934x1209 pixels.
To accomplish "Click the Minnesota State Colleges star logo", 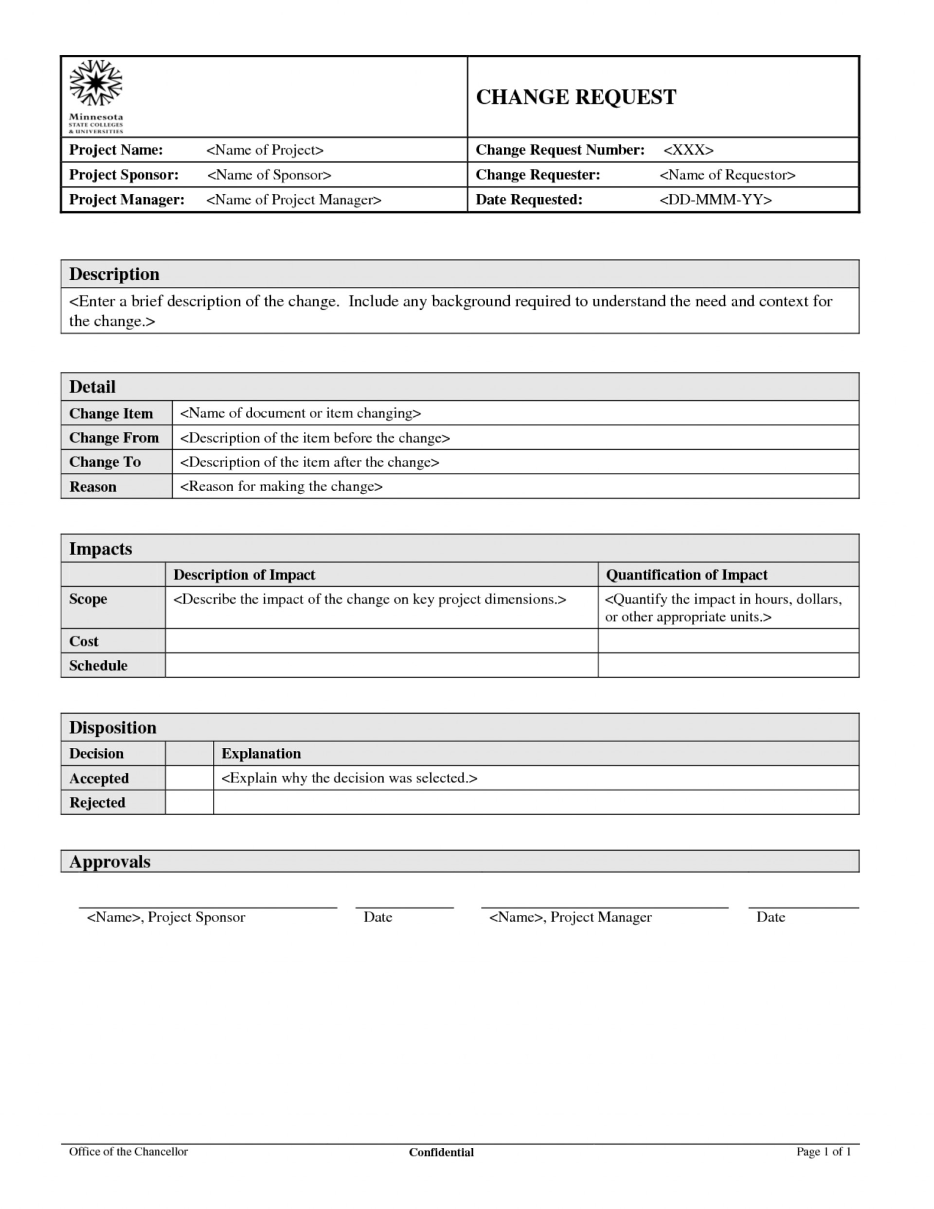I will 96,83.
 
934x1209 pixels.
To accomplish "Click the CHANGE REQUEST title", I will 575,97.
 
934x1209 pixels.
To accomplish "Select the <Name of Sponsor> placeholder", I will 269,175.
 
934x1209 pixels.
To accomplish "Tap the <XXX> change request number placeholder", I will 689,150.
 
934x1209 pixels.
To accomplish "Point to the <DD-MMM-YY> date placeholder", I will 715,200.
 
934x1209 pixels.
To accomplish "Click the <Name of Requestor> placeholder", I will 727,175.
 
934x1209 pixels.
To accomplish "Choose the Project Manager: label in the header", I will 127,200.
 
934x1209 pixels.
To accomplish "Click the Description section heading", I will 114,274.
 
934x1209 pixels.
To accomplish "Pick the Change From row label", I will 114,438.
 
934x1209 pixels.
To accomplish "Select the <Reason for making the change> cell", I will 281,486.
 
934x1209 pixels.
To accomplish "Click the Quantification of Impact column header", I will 686,575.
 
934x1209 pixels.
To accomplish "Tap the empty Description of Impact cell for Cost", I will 381,641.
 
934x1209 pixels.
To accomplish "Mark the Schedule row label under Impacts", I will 98,666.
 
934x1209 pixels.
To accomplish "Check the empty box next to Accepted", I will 189,778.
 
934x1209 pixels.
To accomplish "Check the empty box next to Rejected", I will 189,803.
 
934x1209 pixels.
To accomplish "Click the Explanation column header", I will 261,754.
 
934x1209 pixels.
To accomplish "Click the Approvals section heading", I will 110,862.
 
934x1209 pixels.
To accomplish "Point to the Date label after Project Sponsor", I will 378,917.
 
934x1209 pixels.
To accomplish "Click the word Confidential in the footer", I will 441,1152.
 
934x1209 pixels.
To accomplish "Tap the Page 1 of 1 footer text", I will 823,1152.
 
